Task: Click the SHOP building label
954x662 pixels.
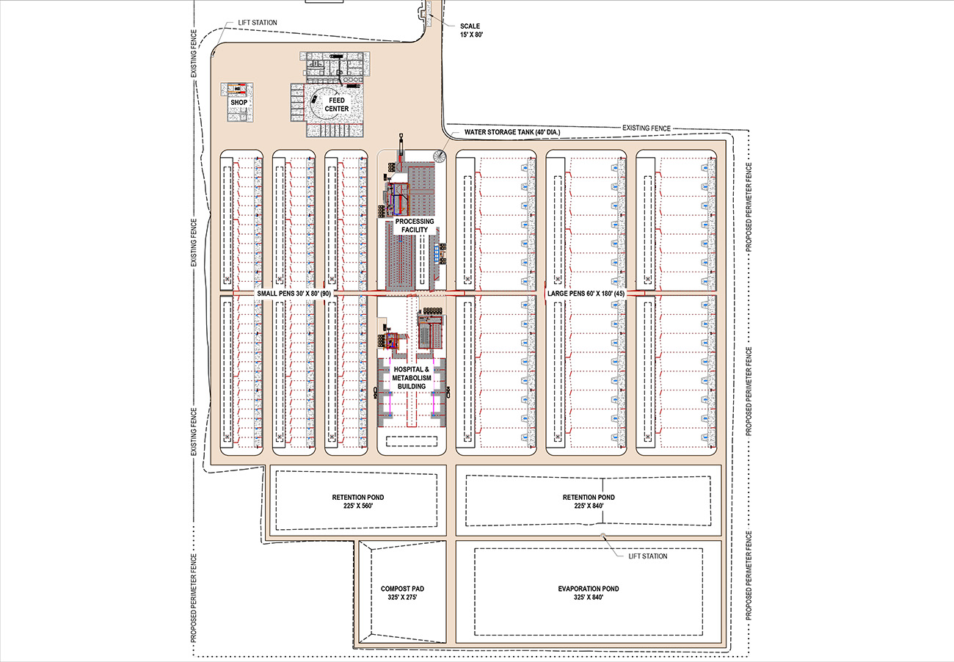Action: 238,103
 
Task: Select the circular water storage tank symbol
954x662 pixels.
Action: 439,156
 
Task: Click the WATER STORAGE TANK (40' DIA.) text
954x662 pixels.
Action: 511,133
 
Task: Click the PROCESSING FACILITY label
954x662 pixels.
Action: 415,225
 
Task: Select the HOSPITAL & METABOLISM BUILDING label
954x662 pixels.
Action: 411,378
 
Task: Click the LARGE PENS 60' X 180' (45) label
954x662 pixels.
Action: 586,294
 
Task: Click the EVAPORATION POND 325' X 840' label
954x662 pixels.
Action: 590,594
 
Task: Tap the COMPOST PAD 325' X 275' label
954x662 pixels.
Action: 403,594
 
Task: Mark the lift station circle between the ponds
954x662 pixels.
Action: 602,535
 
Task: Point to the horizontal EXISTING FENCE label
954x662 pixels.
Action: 647,128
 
